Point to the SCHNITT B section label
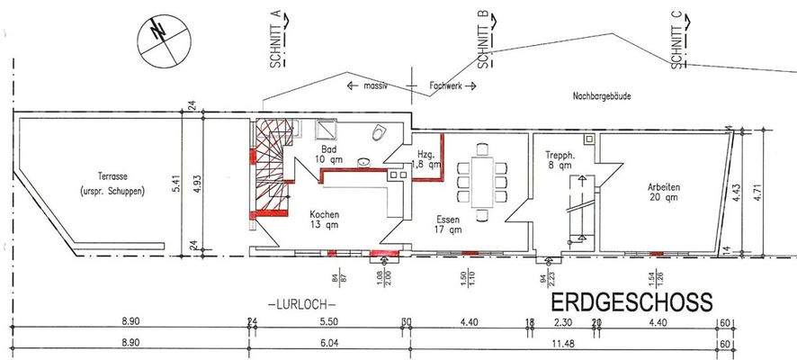483,40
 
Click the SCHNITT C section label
676,40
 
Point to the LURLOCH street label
300,303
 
